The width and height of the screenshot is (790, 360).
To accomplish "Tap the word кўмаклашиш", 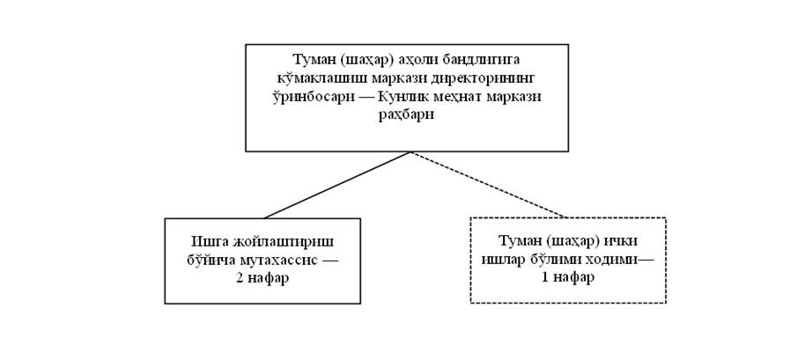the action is click(315, 78).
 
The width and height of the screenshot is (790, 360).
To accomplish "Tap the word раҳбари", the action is click(406, 115).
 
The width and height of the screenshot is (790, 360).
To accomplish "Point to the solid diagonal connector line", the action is click(337, 185).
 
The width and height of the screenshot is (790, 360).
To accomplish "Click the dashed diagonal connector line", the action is click(488, 185).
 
